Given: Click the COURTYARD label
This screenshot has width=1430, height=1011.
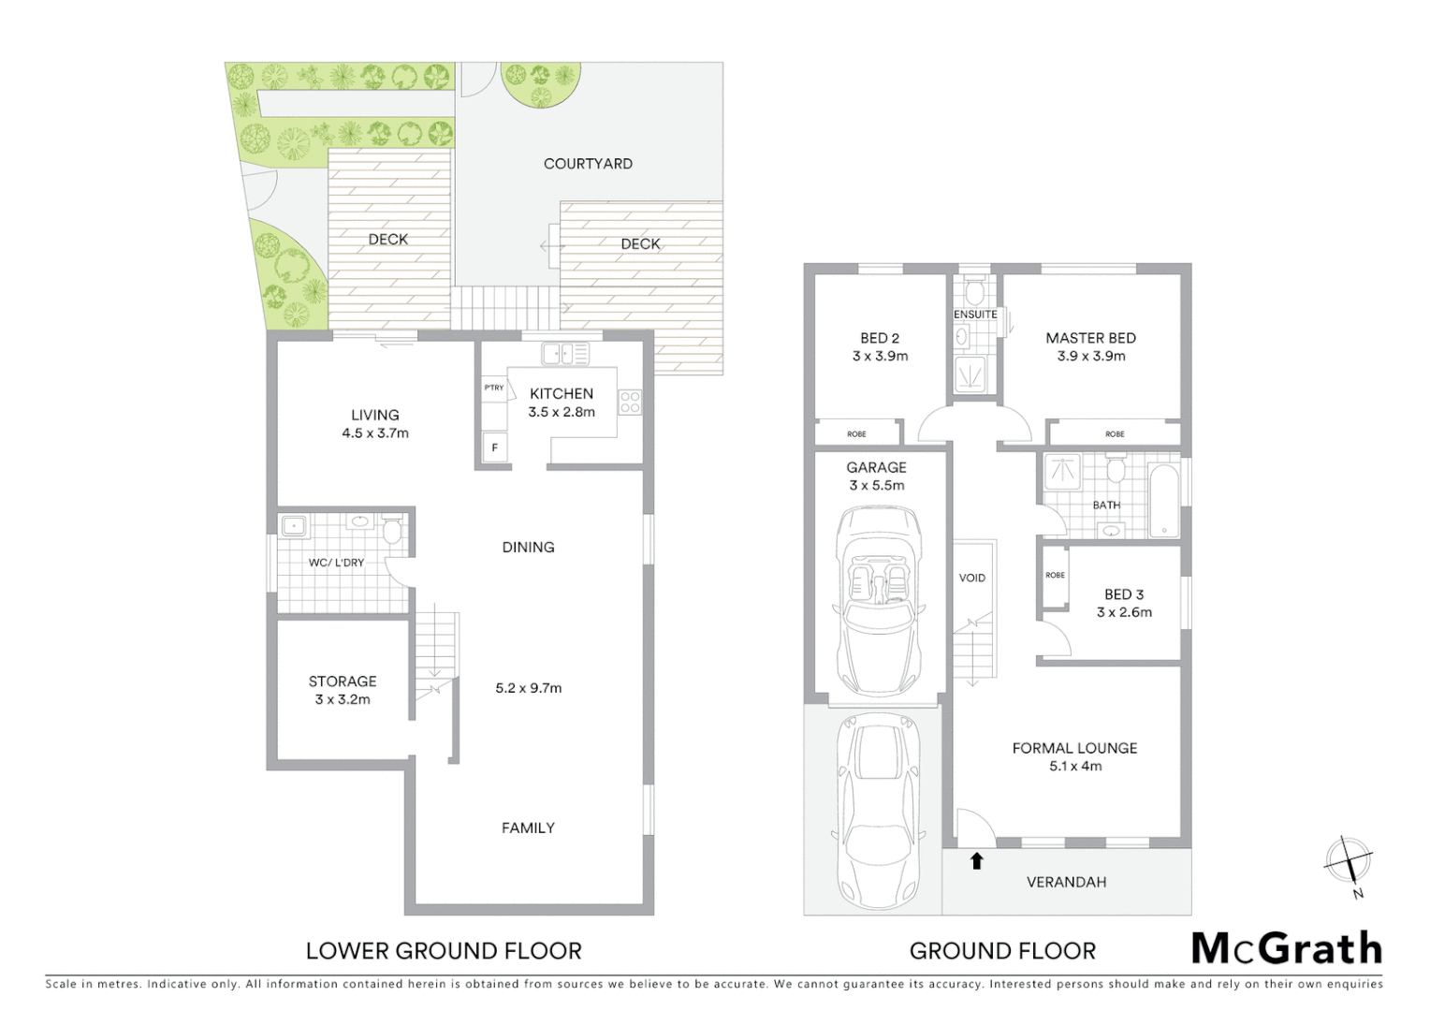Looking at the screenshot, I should click(x=588, y=164).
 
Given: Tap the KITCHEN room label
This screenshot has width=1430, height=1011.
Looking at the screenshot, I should click(x=562, y=394).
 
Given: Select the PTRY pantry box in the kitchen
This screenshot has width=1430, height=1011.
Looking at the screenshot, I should click(x=493, y=388).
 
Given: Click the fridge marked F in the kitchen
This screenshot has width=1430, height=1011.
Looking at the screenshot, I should click(x=494, y=447).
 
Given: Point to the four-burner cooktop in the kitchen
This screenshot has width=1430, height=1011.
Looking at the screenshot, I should click(x=630, y=403).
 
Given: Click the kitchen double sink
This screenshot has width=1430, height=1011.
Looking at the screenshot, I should click(x=565, y=354).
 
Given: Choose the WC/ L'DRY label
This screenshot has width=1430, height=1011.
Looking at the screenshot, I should click(x=336, y=563).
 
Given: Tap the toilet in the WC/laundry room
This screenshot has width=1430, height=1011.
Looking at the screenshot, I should click(x=392, y=531).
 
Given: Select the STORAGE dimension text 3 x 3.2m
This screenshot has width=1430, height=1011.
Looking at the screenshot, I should click(x=343, y=699).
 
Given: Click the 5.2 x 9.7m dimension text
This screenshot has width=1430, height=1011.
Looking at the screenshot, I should click(x=529, y=688).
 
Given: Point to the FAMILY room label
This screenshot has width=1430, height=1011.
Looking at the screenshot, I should click(x=528, y=828).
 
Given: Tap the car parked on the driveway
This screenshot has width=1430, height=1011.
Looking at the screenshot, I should click(x=877, y=811).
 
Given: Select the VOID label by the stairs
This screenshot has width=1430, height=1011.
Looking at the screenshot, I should click(x=972, y=578).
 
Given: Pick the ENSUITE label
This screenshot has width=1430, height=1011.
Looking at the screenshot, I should click(x=975, y=315).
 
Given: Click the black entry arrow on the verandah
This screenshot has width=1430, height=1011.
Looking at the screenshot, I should click(x=977, y=860).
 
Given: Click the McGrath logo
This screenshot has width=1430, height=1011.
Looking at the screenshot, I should click(x=1287, y=948).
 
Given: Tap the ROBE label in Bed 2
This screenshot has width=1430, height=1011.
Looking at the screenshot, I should click(x=856, y=434).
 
